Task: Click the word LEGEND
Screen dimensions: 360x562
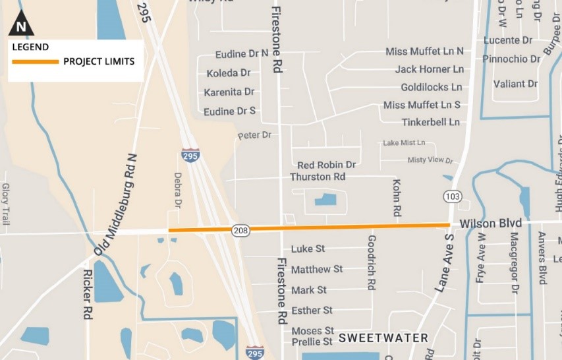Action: pyautogui.click(x=30, y=46)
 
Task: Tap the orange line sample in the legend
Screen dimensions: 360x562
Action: pyautogui.click(x=35, y=61)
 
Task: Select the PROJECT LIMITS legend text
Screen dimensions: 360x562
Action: pyautogui.click(x=99, y=61)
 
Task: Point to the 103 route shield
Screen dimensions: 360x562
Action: pyautogui.click(x=452, y=196)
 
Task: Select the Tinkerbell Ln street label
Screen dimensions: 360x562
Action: pyautogui.click(x=431, y=122)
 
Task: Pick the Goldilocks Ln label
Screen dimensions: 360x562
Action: pyautogui.click(x=431, y=87)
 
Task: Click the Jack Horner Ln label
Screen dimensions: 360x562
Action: pyautogui.click(x=429, y=69)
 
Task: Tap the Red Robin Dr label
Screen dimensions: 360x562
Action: pyautogui.click(x=326, y=165)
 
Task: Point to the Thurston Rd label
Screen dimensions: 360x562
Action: pyautogui.click(x=318, y=177)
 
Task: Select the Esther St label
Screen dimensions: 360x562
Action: pyautogui.click(x=312, y=310)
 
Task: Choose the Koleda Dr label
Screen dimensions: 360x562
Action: pyautogui.click(x=228, y=73)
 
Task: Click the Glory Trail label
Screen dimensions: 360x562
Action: pyautogui.click(x=5, y=204)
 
